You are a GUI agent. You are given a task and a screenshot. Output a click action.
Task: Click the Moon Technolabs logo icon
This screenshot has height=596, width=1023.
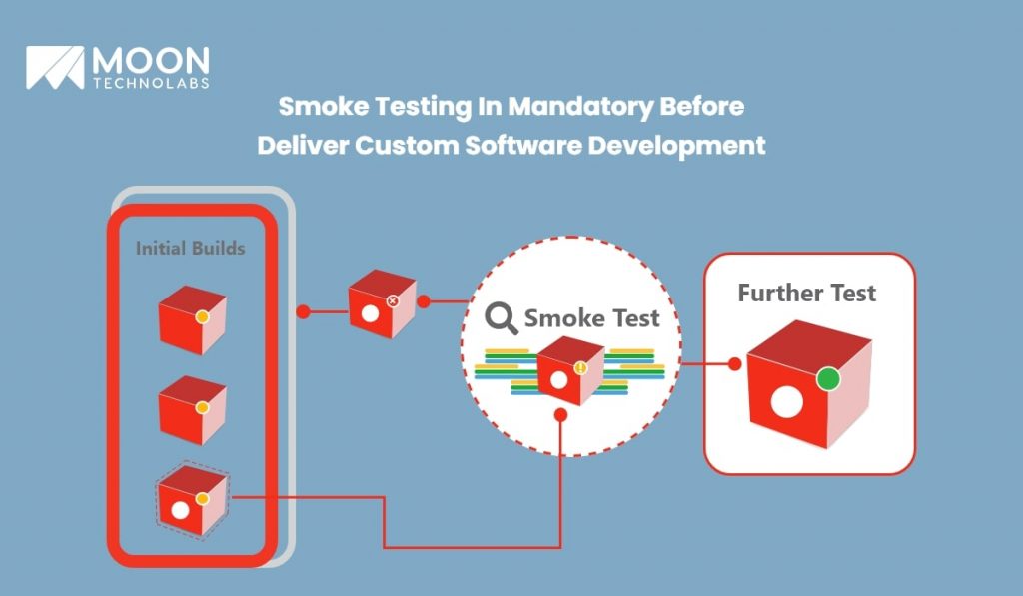pyautogui.click(x=56, y=67)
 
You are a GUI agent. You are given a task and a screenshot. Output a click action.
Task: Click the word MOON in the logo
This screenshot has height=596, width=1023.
pyautogui.click(x=151, y=61)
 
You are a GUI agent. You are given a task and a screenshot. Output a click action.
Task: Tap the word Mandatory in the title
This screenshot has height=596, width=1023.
pyautogui.click(x=580, y=107)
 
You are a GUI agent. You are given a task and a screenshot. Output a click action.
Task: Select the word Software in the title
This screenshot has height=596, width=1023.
pyautogui.click(x=522, y=145)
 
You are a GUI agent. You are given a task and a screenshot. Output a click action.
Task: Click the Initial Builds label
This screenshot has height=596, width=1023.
pyautogui.click(x=191, y=248)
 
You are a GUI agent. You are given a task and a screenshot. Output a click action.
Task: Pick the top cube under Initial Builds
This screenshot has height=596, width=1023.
pyautogui.click(x=193, y=319)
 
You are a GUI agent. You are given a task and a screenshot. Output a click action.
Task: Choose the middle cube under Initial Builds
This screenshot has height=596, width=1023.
pyautogui.click(x=193, y=410)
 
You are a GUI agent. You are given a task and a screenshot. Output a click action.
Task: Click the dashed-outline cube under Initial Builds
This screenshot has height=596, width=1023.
pyautogui.click(x=193, y=501)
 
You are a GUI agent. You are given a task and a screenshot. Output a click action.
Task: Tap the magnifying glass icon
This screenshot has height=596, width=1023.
pyautogui.click(x=502, y=318)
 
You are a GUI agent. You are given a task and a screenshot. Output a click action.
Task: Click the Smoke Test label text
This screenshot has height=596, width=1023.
pyautogui.click(x=591, y=318)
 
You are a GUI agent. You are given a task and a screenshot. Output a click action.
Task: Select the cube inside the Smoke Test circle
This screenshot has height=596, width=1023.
pyautogui.click(x=570, y=370)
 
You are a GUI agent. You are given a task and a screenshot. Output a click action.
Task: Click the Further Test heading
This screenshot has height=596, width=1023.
pyautogui.click(x=806, y=293)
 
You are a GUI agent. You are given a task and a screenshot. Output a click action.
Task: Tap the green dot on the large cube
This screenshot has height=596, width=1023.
pyautogui.click(x=828, y=378)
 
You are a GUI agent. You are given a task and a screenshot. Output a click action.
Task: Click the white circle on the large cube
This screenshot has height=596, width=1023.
pyautogui.click(x=787, y=401)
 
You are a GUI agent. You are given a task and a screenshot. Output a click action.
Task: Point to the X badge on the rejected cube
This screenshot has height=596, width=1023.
pyautogui.click(x=392, y=300)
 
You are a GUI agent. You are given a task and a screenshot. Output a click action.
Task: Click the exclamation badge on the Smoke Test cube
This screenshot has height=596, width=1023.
pyautogui.click(x=580, y=368)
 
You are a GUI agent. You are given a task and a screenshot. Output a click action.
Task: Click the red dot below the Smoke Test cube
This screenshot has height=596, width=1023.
pyautogui.click(x=560, y=414)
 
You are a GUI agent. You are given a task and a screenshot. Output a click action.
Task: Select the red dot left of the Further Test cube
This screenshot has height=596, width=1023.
pyautogui.click(x=734, y=363)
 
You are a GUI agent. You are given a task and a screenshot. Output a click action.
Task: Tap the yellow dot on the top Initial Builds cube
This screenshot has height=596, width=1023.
pyautogui.click(x=202, y=316)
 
